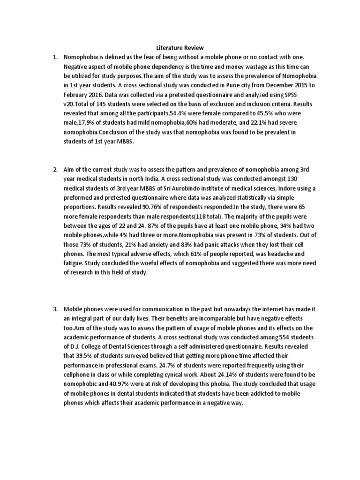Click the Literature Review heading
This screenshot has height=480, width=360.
180,48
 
